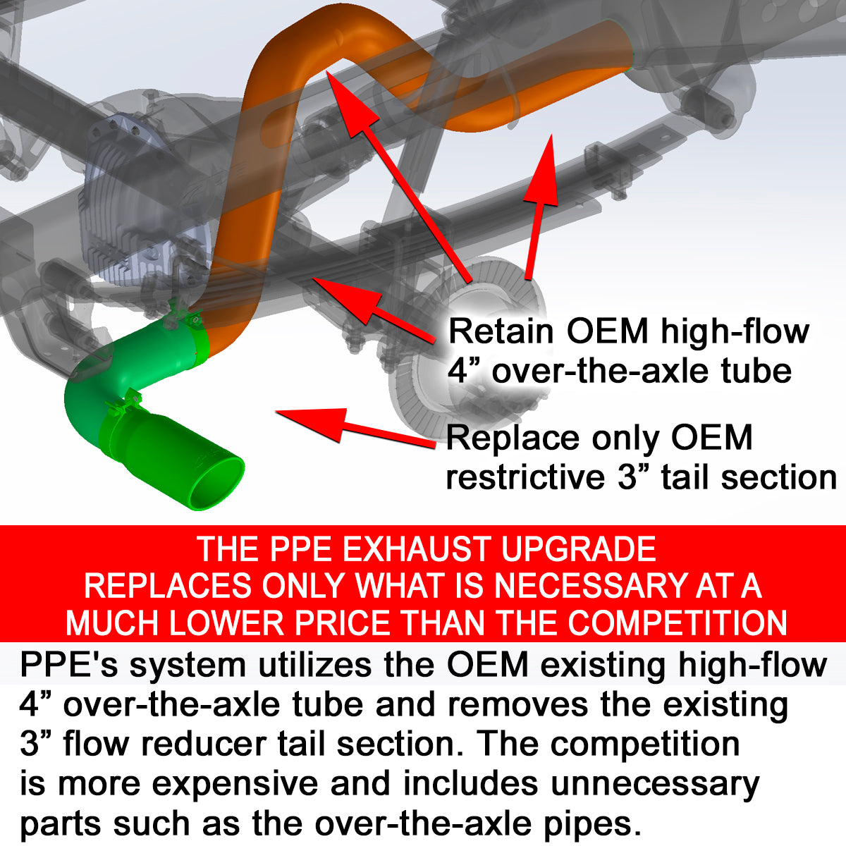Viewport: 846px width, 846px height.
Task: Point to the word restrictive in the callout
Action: click(525, 477)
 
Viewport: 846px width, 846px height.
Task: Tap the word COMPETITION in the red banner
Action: click(677, 623)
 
